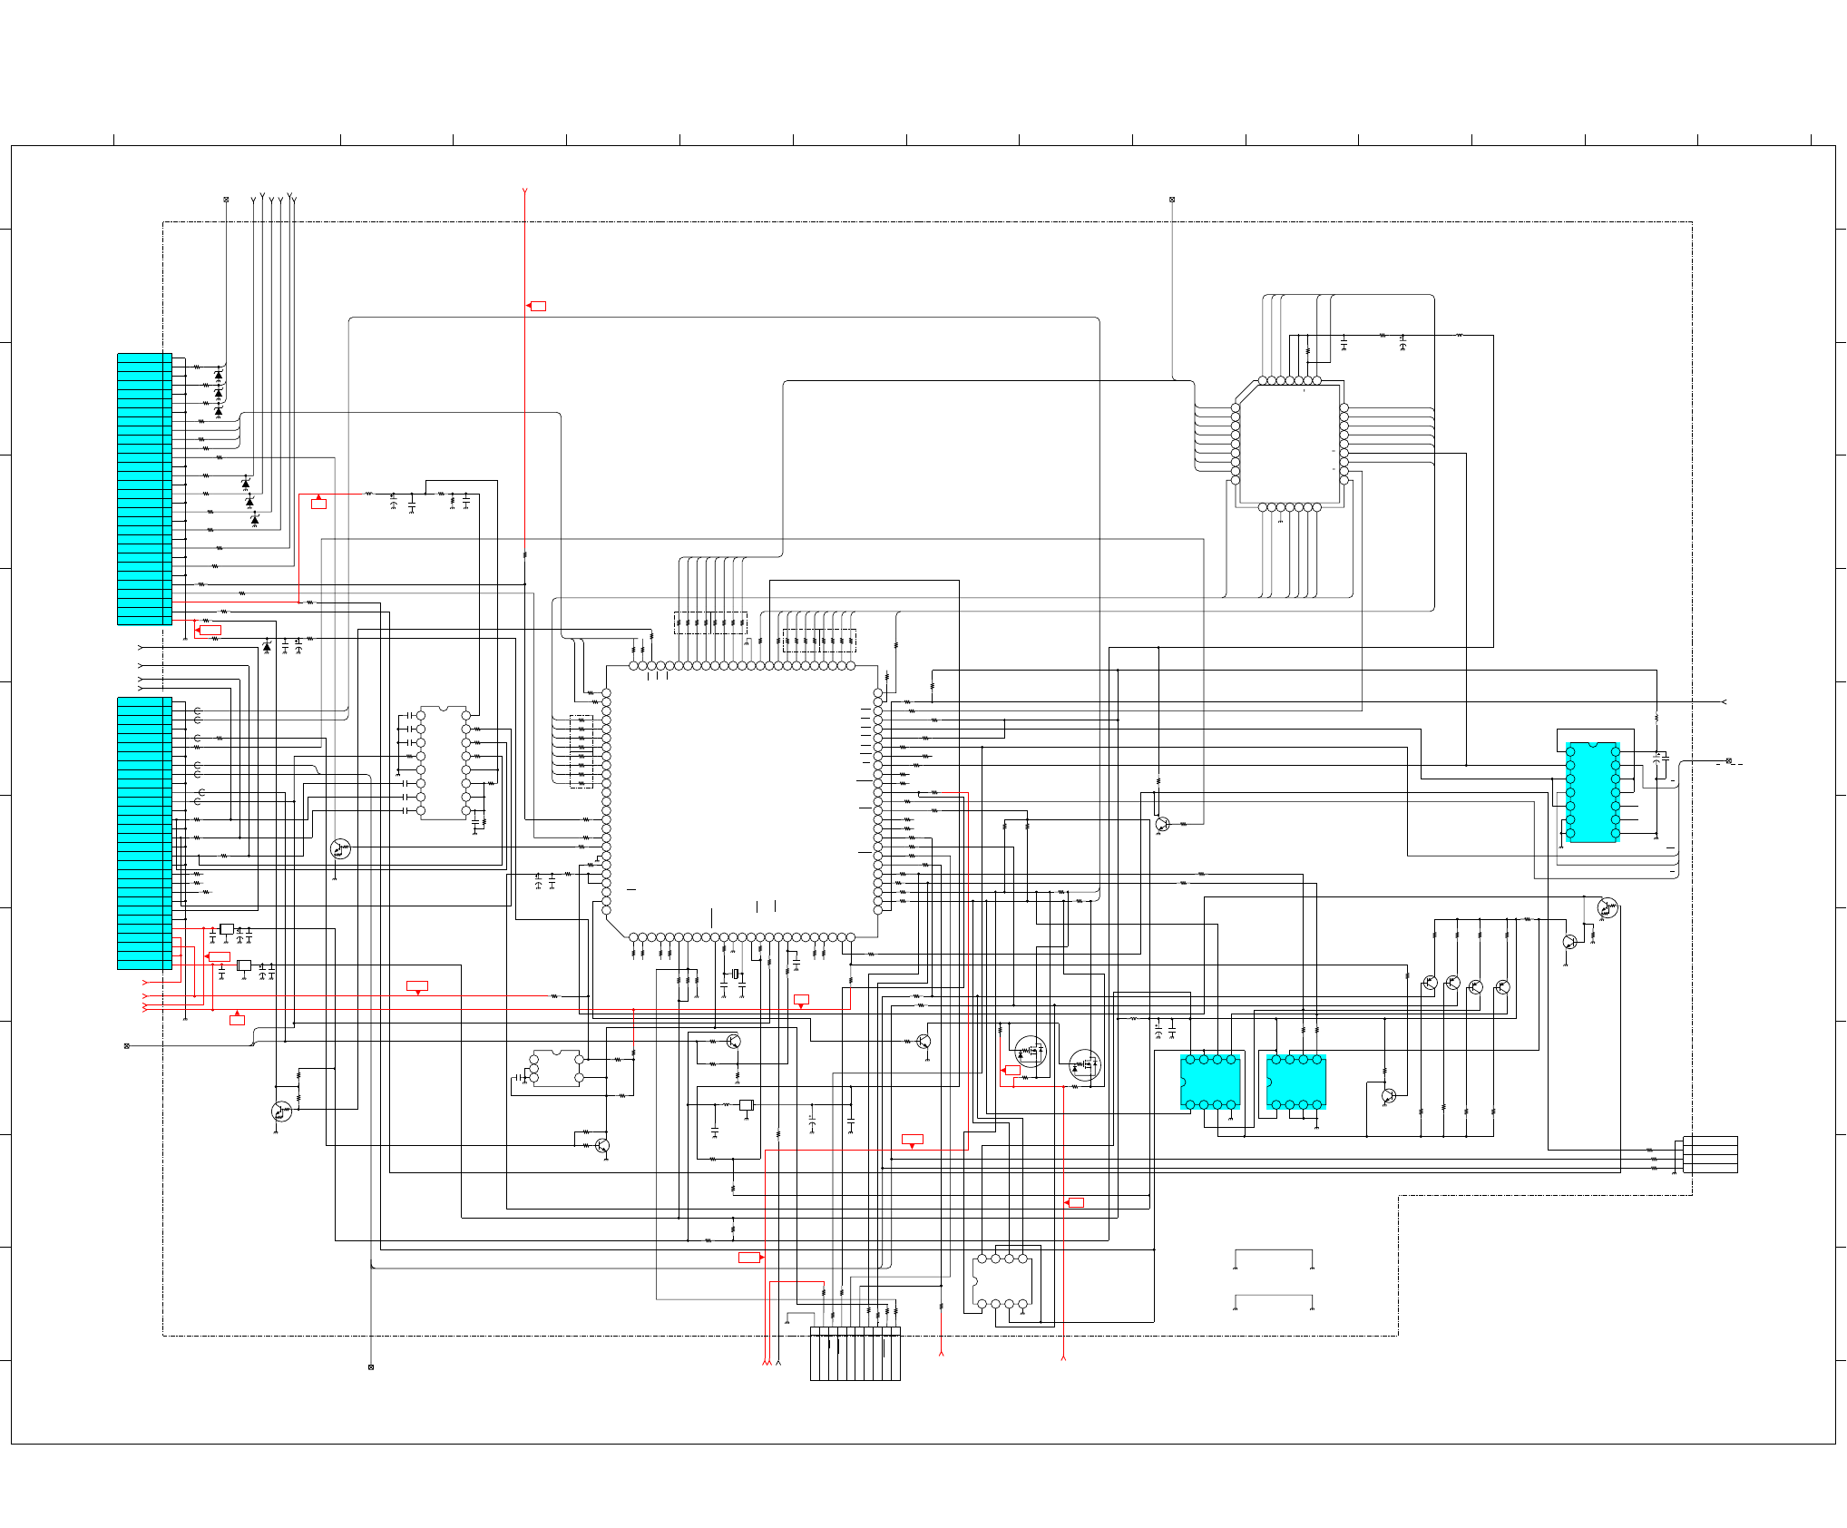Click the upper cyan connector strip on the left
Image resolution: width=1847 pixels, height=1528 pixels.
pyautogui.click(x=144, y=488)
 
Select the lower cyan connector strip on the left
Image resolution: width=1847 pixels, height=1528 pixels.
pyautogui.click(x=144, y=832)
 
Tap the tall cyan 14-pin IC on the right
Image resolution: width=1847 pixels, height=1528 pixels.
pyautogui.click(x=1592, y=792)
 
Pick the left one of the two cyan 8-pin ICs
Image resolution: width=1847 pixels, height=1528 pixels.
pyautogui.click(x=1210, y=1082)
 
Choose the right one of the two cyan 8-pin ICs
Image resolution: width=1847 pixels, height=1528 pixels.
pyautogui.click(x=1296, y=1082)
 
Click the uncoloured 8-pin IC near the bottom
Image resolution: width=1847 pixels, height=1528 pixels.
pyautogui.click(x=1002, y=1281)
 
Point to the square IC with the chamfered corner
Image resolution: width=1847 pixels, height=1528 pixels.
pyautogui.click(x=1289, y=444)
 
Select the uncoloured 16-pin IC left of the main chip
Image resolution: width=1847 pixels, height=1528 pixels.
pyautogui.click(x=444, y=762)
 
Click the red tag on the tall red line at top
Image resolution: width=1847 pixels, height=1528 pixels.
pyautogui.click(x=538, y=306)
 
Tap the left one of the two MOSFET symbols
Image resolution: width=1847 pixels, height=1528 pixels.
pyautogui.click(x=1030, y=1052)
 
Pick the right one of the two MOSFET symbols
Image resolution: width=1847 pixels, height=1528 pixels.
pyautogui.click(x=1084, y=1064)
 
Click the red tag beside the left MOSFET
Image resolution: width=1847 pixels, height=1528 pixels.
pyautogui.click(x=1012, y=1071)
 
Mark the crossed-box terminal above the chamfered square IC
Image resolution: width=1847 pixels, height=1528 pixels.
pyautogui.click(x=1172, y=200)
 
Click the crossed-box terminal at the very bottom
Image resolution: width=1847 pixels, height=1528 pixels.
pyautogui.click(x=371, y=1366)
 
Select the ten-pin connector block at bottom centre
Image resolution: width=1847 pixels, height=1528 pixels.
pyautogui.click(x=855, y=1353)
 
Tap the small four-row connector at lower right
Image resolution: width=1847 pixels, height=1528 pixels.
pyautogui.click(x=1710, y=1154)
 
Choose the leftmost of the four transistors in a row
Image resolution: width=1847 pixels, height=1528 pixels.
pyautogui.click(x=1430, y=983)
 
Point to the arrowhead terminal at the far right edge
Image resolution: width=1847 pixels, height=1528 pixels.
pyautogui.click(x=1724, y=701)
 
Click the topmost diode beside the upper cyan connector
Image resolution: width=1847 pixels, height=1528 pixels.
pyautogui.click(x=218, y=375)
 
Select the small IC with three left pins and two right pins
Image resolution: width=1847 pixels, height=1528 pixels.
pyautogui.click(x=556, y=1069)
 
